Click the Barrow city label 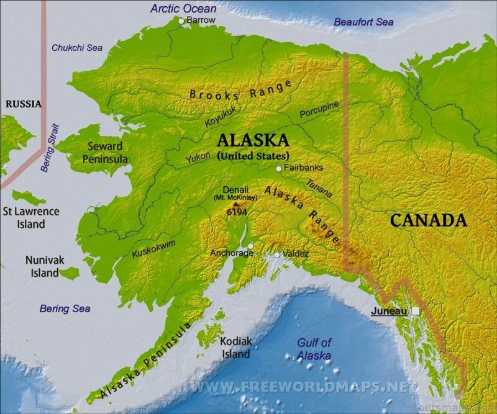tap(202, 20)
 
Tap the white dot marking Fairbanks tap(279, 168)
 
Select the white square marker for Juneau tap(415, 310)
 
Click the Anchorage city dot tap(250, 246)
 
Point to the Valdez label tap(296, 254)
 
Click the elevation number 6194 tap(236, 212)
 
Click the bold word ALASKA tap(253, 140)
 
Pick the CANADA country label tap(428, 220)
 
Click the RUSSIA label tap(23, 104)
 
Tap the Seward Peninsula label tap(105, 153)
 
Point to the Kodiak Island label tap(236, 348)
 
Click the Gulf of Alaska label tap(314, 349)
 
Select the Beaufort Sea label tap(363, 22)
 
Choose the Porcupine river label tap(319, 110)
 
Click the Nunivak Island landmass tap(69, 272)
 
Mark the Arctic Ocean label tap(183, 8)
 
